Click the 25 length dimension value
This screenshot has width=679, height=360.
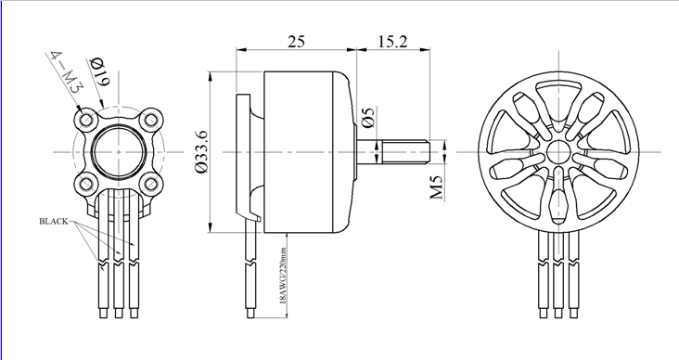point(296,42)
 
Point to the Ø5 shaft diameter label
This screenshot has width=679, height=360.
point(368,118)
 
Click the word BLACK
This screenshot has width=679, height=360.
point(54,223)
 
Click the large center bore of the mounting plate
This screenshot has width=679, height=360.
point(118,149)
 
